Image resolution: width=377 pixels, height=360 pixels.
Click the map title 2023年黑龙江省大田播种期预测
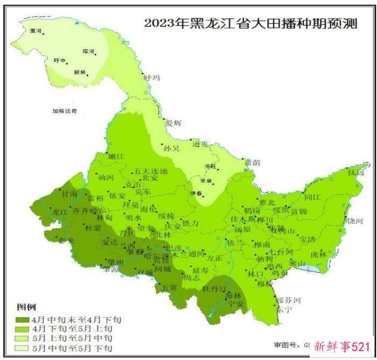pyautogui.click(x=250, y=24)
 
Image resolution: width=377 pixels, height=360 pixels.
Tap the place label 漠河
pyautogui.click(x=37, y=31)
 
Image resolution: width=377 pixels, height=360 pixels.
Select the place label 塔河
pyautogui.click(x=88, y=52)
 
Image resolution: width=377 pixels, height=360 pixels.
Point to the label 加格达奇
pyautogui.click(x=65, y=111)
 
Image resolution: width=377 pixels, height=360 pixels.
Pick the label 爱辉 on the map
pyautogui.click(x=173, y=123)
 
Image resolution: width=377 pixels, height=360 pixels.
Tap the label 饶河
pyautogui.click(x=355, y=221)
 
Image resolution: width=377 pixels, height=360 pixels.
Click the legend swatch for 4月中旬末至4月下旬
pyautogui.click(x=23, y=319)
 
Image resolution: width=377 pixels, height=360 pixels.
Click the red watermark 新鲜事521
pyautogui.click(x=342, y=346)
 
